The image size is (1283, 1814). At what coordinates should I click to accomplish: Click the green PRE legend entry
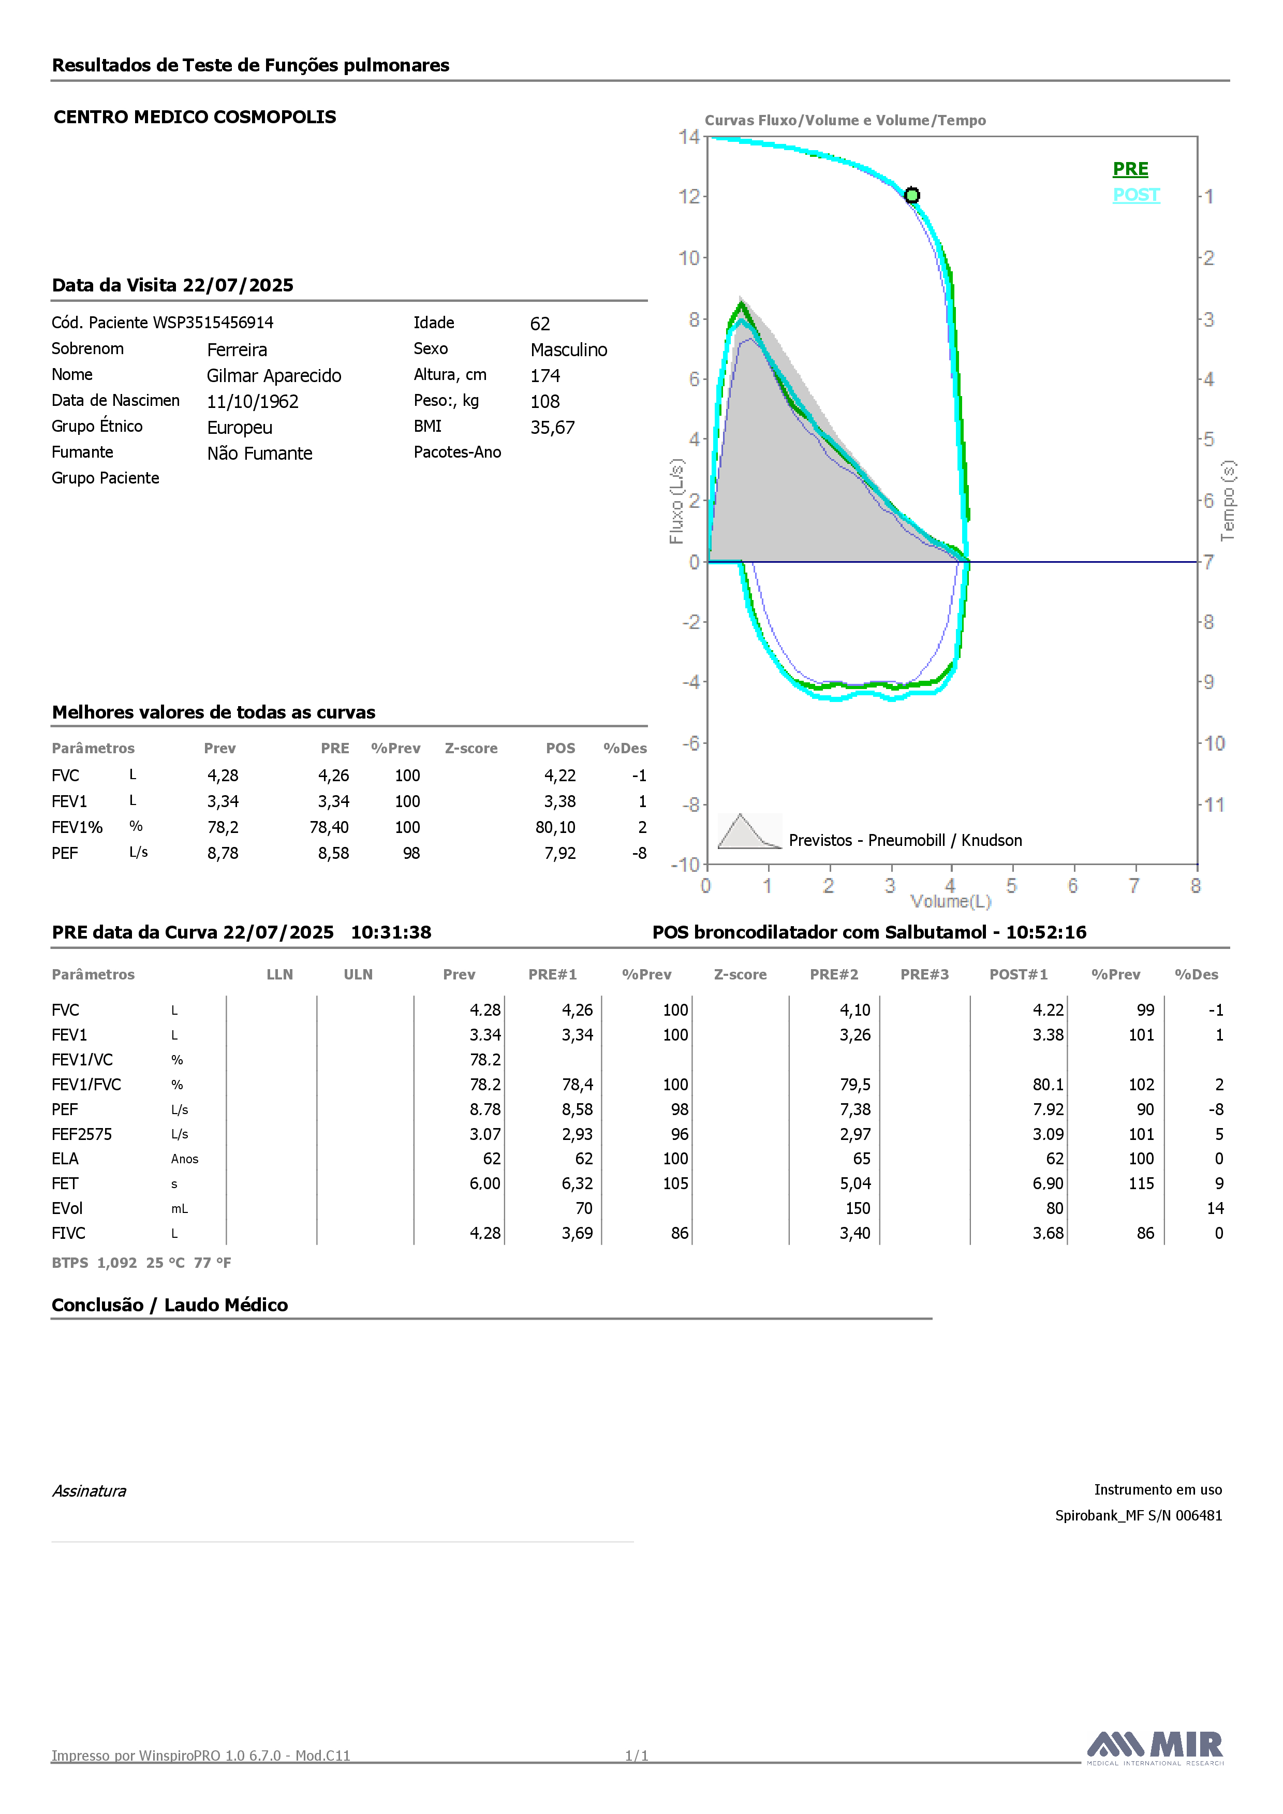[1130, 169]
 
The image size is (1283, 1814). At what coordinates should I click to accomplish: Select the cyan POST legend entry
[1136, 195]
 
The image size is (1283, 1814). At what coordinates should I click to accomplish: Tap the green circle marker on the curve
[912, 195]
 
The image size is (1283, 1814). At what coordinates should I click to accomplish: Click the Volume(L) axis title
[950, 901]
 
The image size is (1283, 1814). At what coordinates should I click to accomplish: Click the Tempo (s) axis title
[1228, 501]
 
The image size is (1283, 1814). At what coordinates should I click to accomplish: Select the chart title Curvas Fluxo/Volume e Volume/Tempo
[845, 120]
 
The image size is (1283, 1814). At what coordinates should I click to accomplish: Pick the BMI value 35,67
[552, 428]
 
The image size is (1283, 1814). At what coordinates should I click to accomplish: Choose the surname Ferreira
[237, 350]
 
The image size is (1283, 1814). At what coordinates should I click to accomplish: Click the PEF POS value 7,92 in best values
[559, 853]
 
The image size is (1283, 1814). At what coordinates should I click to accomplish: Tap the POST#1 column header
[1019, 974]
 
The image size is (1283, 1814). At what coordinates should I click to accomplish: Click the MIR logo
[1155, 1746]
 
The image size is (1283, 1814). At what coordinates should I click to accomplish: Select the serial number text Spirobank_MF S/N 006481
[1139, 1515]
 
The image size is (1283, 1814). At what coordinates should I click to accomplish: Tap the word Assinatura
[89, 1491]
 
